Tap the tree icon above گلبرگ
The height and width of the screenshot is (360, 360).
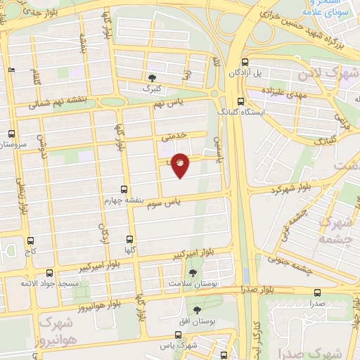click(x=153, y=77)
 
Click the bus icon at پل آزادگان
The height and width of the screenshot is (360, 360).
click(x=244, y=62)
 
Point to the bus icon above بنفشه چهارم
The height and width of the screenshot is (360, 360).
click(x=124, y=189)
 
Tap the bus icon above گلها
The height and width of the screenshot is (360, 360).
click(x=129, y=239)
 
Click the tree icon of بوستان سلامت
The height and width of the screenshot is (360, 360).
click(x=195, y=272)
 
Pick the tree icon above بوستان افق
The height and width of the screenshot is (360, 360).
click(x=196, y=309)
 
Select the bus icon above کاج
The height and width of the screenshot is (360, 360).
click(x=30, y=240)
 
